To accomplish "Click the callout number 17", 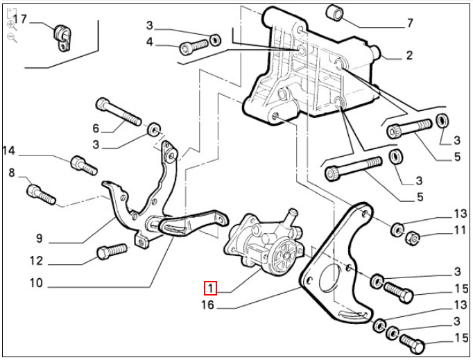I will (x=20, y=19).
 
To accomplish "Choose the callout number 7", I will (x=409, y=23).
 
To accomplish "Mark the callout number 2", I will (x=409, y=55).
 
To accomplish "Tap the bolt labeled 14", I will (x=83, y=166).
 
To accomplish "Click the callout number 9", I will (x=40, y=239).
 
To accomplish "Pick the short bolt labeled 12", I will (x=111, y=250).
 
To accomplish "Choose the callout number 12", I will (x=36, y=262).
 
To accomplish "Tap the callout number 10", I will (x=36, y=283).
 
